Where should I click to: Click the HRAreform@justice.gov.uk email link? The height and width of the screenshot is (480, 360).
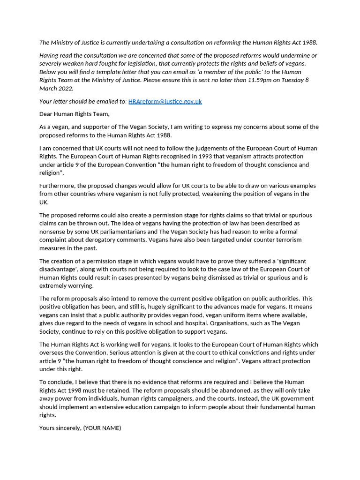165,101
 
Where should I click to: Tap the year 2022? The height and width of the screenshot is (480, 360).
66,89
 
